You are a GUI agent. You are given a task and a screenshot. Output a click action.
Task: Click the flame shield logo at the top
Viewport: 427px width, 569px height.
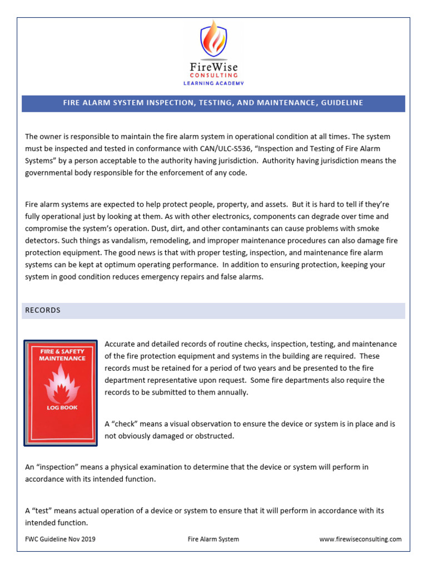coord(213,39)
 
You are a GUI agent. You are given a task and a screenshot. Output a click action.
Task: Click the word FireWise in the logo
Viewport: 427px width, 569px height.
coord(213,66)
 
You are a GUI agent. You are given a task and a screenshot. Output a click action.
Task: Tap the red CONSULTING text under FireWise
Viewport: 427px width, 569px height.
coord(213,75)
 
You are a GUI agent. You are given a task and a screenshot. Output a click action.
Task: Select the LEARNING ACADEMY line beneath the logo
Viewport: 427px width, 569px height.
coord(213,83)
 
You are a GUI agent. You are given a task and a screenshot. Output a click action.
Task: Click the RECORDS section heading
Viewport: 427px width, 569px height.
coord(43,310)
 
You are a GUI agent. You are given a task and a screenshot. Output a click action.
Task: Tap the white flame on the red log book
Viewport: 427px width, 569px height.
coord(61,383)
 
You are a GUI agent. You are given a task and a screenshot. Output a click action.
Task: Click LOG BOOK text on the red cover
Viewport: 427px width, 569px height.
coord(61,407)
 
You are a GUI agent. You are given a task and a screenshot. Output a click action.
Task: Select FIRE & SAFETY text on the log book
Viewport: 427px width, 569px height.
coord(61,352)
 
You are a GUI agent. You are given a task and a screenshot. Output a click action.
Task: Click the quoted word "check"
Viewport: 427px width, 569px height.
coord(127,424)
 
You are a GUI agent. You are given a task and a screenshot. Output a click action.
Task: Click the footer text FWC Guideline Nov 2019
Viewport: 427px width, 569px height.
coord(57,539)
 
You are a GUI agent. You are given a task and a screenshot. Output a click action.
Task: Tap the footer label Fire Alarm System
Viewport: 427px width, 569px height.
coord(213,539)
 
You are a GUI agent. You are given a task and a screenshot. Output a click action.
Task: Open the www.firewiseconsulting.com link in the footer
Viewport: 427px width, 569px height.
coord(360,539)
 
